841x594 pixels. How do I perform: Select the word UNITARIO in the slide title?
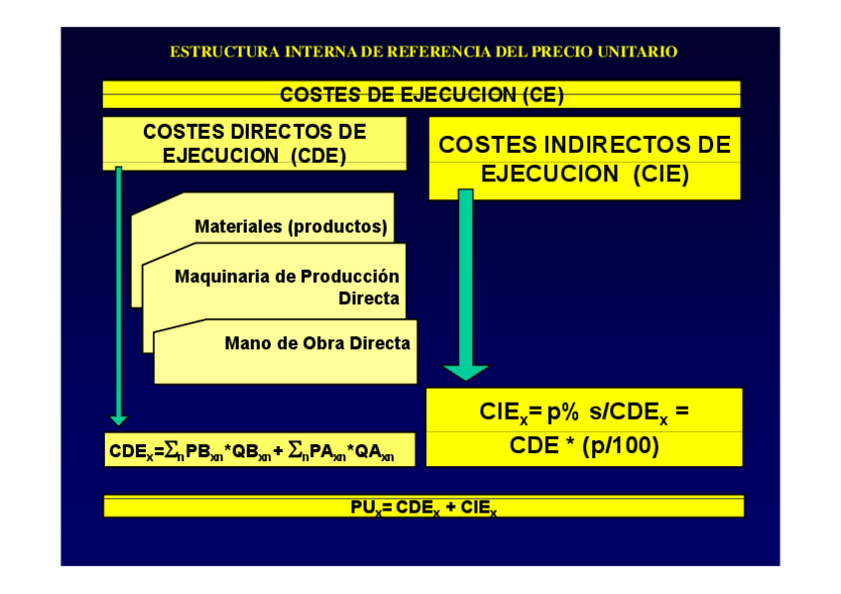[x=639, y=52]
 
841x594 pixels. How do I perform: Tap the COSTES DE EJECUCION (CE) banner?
[x=421, y=94]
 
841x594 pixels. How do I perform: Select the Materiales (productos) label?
[x=291, y=226]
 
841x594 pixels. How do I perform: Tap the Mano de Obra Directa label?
[x=317, y=343]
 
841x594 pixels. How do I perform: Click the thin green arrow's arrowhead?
[x=118, y=419]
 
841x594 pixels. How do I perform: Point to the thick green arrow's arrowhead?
[x=465, y=373]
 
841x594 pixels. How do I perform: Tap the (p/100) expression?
[x=621, y=445]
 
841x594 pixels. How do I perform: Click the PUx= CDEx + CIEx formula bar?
[x=423, y=506]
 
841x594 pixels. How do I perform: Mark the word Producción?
[x=345, y=277]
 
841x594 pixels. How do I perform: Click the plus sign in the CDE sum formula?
[x=279, y=450]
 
